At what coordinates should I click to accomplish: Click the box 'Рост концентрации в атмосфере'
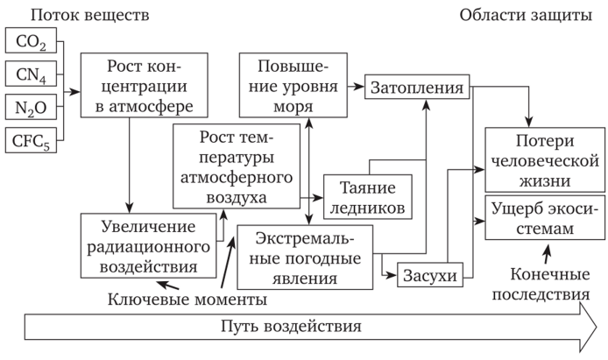point(147,86)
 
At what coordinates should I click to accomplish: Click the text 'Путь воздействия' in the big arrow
point(291,328)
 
